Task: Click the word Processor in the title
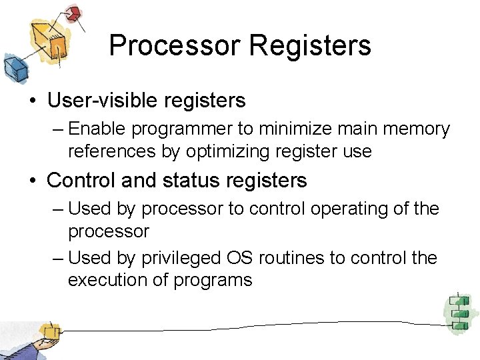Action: point(175,45)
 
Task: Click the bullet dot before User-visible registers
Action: point(33,101)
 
